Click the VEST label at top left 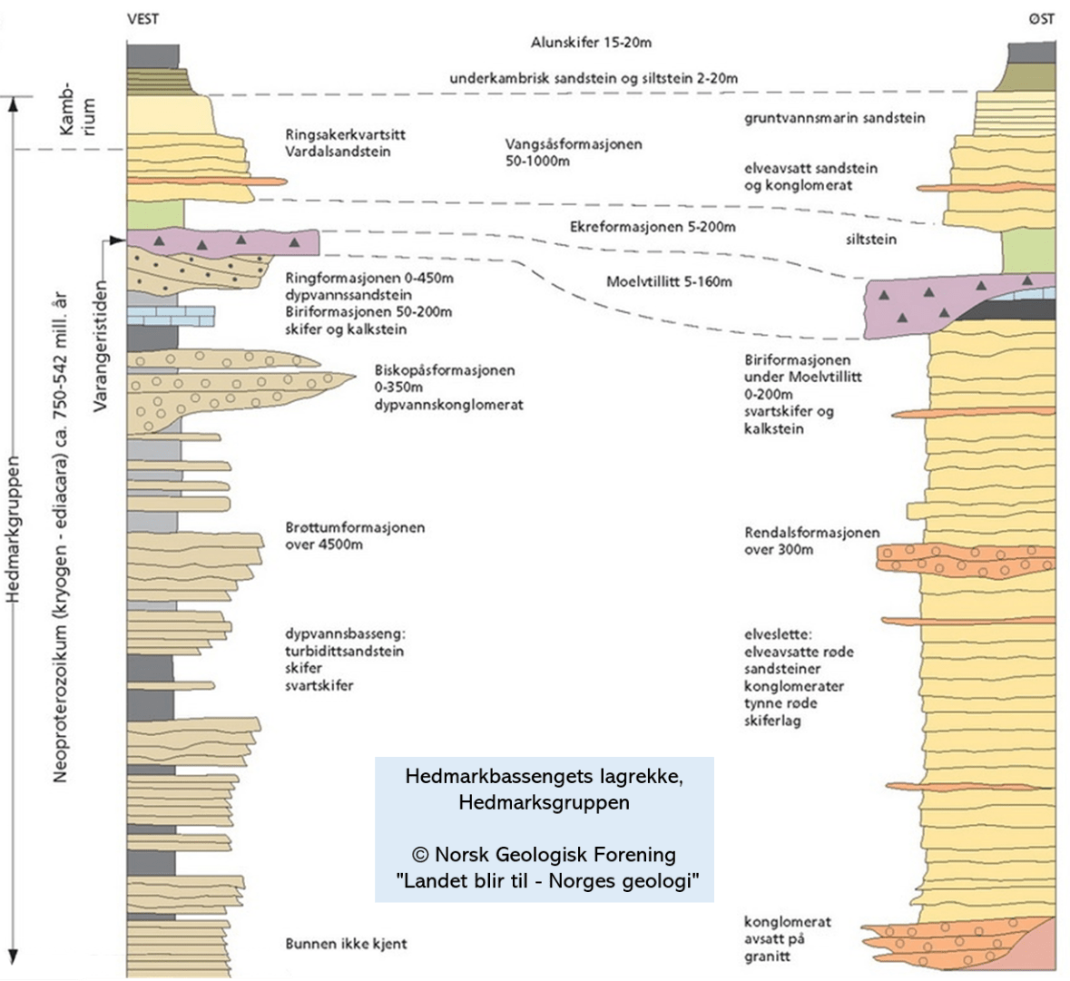142,19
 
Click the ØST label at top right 1041,19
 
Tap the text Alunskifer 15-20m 591,43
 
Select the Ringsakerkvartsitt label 345,134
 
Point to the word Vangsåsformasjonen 573,143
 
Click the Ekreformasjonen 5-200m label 652,227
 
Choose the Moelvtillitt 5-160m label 669,281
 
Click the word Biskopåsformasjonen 444,370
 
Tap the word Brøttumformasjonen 354,527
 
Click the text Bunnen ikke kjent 346,945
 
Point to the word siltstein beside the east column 870,240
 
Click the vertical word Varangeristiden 101,346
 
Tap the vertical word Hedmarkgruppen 13,526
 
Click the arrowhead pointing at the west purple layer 116,240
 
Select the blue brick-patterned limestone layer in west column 171,315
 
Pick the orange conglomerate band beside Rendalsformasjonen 967,560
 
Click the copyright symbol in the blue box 419,854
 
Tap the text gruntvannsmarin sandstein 835,118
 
